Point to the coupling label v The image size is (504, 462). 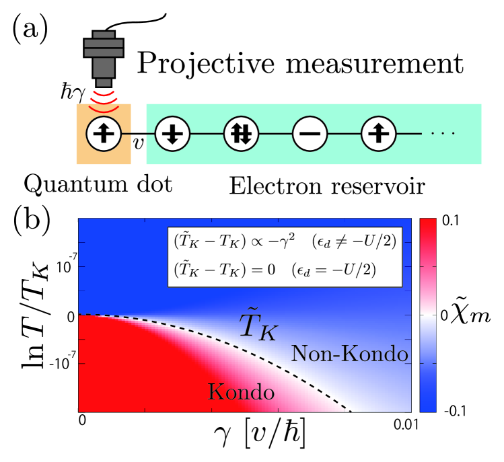[139, 143]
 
